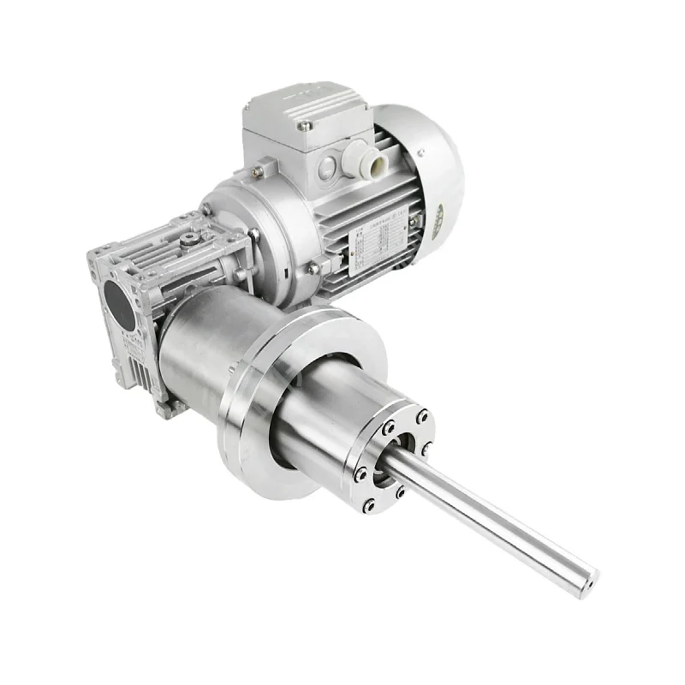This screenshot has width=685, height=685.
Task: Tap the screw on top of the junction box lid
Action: pyautogui.click(x=304, y=124)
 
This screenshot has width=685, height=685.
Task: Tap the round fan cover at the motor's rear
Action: pyautogui.click(x=428, y=171)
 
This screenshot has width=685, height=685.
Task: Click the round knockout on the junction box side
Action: pyautogui.click(x=328, y=169)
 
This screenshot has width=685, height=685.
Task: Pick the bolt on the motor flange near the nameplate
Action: pyautogui.click(x=313, y=268)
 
